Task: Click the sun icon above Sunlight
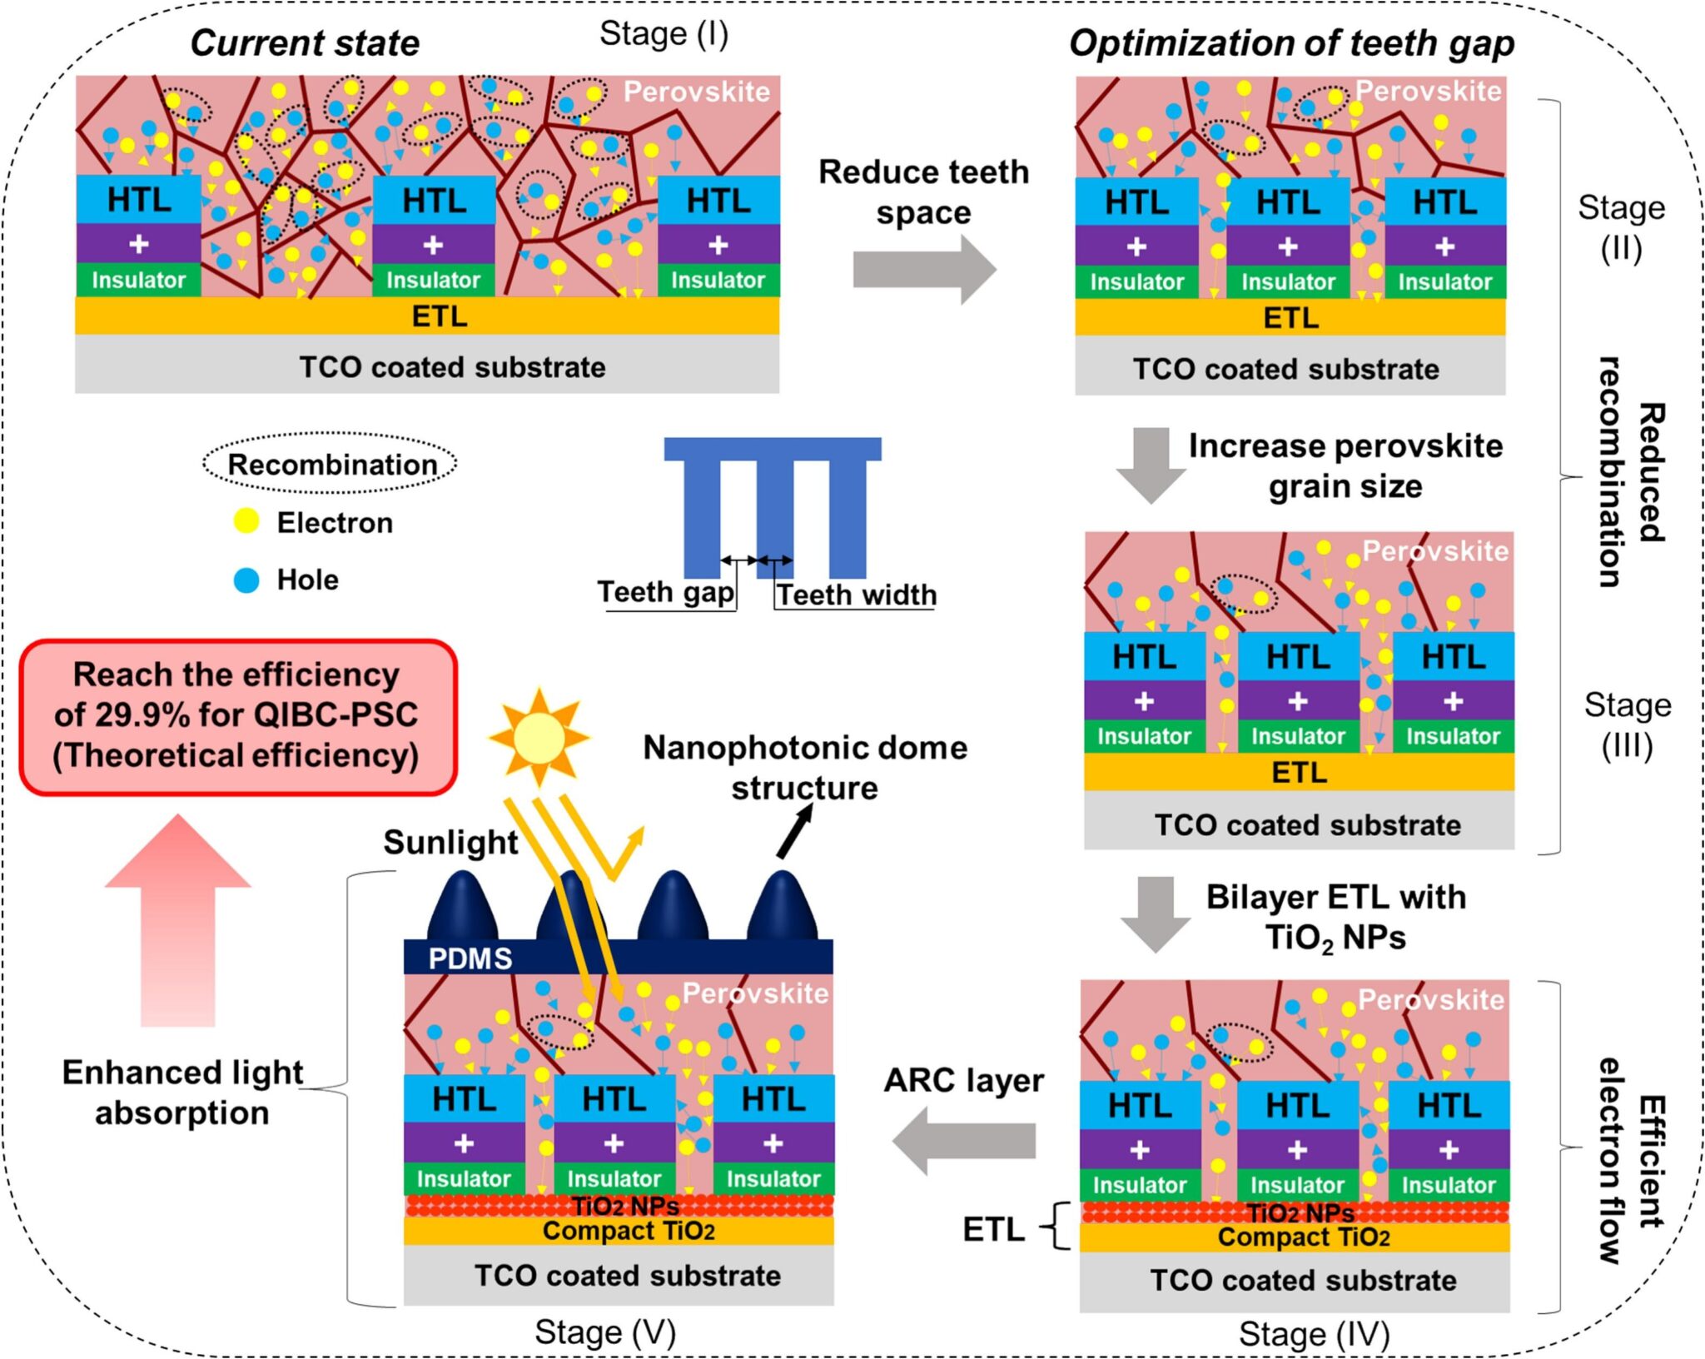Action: tap(539, 737)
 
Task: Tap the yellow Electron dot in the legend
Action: tap(246, 521)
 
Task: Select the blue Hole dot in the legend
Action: tap(246, 580)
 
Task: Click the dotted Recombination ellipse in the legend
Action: tap(331, 463)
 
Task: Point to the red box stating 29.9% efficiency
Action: tap(238, 716)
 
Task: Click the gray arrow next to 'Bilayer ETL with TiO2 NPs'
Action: tap(1156, 913)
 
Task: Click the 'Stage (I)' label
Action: tap(664, 34)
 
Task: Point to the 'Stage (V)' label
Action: tap(605, 1332)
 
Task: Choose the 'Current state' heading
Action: tap(305, 43)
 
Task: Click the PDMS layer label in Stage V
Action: tap(470, 958)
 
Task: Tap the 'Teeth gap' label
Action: tap(666, 592)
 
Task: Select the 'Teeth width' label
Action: tap(857, 595)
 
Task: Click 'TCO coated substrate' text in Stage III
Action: tap(1307, 824)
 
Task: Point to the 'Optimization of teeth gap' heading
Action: tap(1291, 43)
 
